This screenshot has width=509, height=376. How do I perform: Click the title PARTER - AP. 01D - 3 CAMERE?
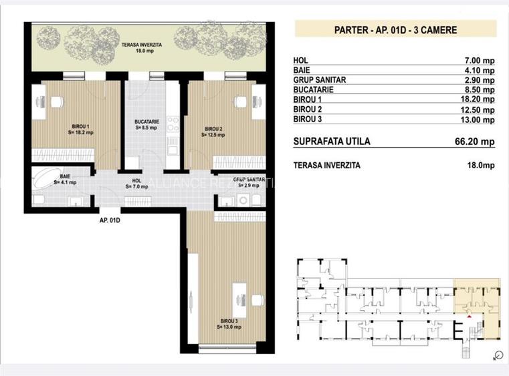(x=395, y=30)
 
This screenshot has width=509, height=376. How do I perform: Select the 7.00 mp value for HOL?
(x=480, y=61)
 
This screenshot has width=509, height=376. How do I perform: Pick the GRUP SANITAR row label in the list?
(x=320, y=79)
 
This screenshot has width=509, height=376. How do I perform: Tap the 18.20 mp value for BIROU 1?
(x=478, y=100)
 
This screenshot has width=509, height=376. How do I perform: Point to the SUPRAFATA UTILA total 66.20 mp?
(x=475, y=142)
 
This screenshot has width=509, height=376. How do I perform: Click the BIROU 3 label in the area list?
(x=308, y=120)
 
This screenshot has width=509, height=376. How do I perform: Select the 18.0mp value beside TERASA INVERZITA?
(x=481, y=166)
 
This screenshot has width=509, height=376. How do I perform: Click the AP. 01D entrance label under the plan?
(x=110, y=220)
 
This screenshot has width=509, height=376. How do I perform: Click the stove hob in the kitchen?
(x=173, y=124)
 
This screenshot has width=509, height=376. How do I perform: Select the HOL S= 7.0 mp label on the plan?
(x=136, y=184)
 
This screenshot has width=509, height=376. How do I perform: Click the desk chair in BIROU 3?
(x=258, y=301)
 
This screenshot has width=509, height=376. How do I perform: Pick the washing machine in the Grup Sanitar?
(x=243, y=200)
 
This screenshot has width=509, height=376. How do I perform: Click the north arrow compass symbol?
(x=497, y=355)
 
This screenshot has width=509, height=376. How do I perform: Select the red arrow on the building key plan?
(x=469, y=316)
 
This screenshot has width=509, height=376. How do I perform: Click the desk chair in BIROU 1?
(x=56, y=102)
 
